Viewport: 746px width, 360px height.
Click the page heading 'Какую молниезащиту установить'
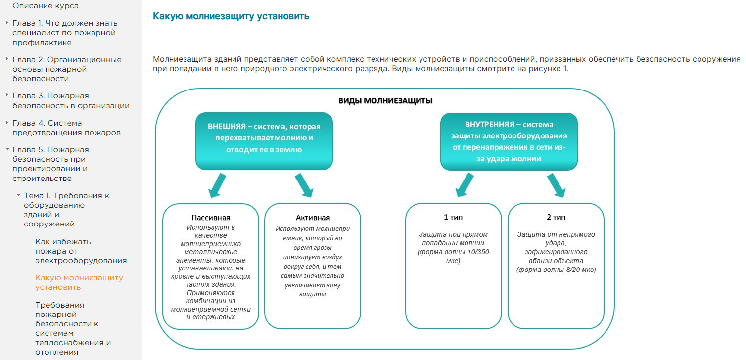point(231,16)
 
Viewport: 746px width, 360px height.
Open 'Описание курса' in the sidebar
point(46,6)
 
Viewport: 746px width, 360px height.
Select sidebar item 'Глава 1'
point(64,33)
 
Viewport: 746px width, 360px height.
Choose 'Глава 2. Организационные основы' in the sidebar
point(67,69)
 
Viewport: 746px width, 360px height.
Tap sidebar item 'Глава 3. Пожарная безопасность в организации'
point(71,100)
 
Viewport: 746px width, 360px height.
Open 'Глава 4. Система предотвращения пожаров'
point(66,128)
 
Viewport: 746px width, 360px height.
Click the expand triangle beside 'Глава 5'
point(7,149)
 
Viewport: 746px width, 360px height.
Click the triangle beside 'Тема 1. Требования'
point(18,196)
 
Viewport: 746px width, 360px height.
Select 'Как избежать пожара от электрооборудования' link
point(81,251)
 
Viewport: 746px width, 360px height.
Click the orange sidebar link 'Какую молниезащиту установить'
point(79,282)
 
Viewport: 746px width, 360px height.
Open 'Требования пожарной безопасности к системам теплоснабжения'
point(73,328)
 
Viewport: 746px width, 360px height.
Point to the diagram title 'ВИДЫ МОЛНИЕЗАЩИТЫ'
point(385,101)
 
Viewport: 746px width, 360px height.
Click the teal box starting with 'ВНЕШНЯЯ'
point(264,141)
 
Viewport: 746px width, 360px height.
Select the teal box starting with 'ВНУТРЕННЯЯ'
point(509,141)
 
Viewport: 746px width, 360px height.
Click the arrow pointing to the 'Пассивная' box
point(216,186)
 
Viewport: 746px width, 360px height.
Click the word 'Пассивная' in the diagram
point(211,218)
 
